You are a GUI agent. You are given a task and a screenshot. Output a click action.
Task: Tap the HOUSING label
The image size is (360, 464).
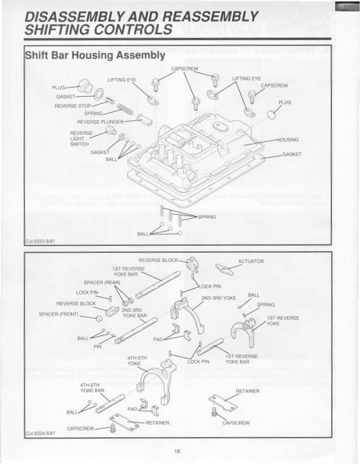click(x=287, y=140)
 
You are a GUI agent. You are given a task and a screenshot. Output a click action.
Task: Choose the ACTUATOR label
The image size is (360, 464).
click(x=252, y=261)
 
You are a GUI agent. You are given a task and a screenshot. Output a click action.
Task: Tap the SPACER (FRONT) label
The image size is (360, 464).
click(x=58, y=313)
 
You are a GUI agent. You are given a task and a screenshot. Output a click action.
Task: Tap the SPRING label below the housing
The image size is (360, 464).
click(x=207, y=217)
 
